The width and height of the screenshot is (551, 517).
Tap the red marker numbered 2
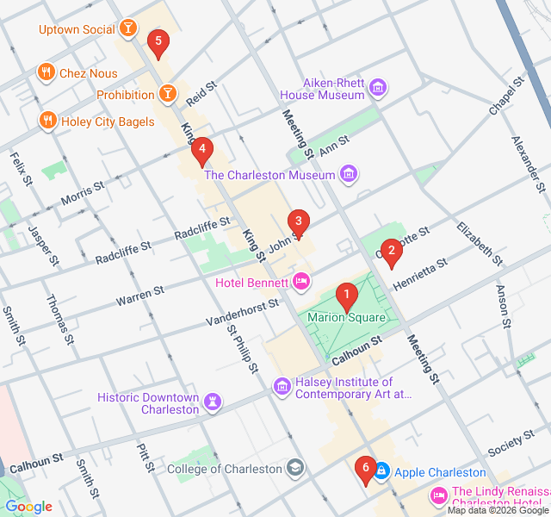click(x=391, y=252)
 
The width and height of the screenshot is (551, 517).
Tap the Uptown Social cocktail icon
click(x=127, y=29)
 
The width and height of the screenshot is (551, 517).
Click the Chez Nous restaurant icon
click(x=46, y=73)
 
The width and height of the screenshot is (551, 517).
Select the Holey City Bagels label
click(x=108, y=121)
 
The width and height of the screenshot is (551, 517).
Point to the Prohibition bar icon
click(x=167, y=94)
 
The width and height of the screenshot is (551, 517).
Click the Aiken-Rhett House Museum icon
click(x=377, y=88)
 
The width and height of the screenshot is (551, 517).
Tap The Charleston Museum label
click(x=269, y=175)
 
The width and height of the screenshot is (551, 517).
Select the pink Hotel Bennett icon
click(x=301, y=281)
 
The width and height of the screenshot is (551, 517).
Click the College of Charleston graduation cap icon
click(x=295, y=469)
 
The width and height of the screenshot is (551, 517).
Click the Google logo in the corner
click(x=28, y=507)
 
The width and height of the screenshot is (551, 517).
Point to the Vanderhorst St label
click(x=243, y=312)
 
